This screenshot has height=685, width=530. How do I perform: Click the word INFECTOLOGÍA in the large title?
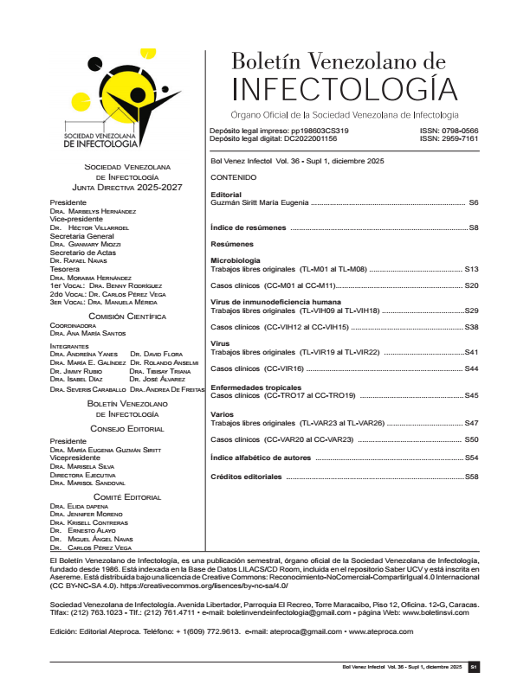tap(346, 89)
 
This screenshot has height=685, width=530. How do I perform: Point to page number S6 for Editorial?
tap(473, 202)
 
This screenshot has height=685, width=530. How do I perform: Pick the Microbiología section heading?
tap(236, 260)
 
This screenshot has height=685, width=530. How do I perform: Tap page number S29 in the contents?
tap(472, 310)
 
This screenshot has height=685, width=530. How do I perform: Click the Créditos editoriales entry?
tap(247, 477)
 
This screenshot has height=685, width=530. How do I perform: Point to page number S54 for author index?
tap(472, 457)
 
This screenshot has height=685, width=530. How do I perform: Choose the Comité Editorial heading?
tap(126, 497)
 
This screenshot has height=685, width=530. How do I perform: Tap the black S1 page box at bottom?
tap(473, 668)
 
